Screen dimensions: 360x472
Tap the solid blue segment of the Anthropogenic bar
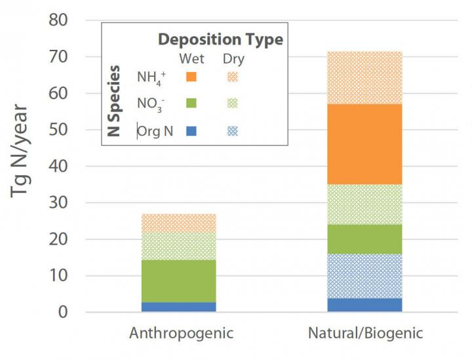pyautogui.click(x=178, y=307)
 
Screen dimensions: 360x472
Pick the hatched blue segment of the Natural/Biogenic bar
pyautogui.click(x=364, y=276)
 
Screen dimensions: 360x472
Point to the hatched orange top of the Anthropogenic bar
pyautogui.click(x=178, y=223)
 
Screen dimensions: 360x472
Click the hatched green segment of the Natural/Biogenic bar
pyautogui.click(x=364, y=204)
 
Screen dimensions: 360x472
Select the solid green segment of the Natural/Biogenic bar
pyautogui.click(x=364, y=239)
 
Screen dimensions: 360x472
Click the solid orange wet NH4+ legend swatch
pyautogui.click(x=191, y=77)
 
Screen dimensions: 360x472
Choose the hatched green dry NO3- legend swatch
pyautogui.click(x=233, y=103)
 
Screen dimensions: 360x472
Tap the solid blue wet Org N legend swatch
pyautogui.click(x=191, y=130)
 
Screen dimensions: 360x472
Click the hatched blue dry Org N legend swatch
pyautogui.click(x=233, y=130)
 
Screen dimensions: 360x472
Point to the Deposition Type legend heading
pyautogui.click(x=220, y=39)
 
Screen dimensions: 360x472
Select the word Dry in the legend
pyautogui.click(x=233, y=59)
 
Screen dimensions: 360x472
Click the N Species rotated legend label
pyautogui.click(x=114, y=102)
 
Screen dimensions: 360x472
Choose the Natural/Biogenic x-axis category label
pyautogui.click(x=365, y=333)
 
